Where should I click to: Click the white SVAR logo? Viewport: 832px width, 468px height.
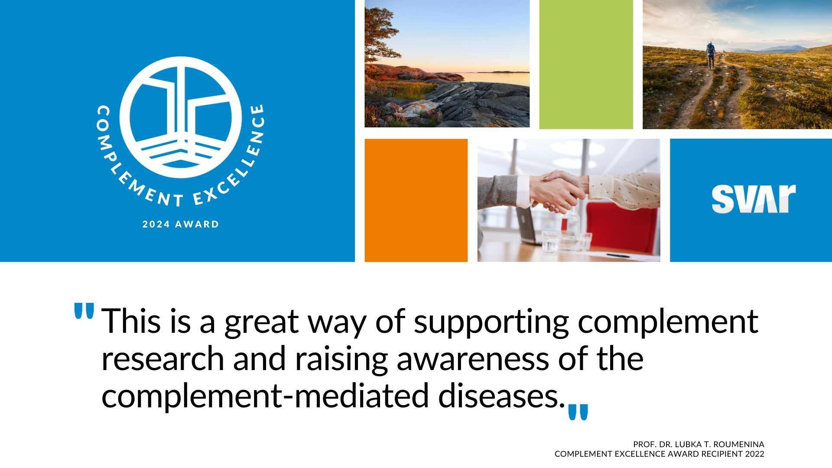point(754,199)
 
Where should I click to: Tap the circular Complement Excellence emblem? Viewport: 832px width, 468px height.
point(180,117)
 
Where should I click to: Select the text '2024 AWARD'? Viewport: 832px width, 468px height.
point(181,224)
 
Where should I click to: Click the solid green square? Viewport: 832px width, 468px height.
point(586,64)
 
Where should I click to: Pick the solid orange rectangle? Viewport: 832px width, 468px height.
point(416,200)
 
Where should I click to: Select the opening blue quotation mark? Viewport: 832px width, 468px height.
point(84,311)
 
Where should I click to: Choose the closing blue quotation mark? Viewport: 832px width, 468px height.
point(578,412)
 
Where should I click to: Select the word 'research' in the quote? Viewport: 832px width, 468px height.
point(162,359)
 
